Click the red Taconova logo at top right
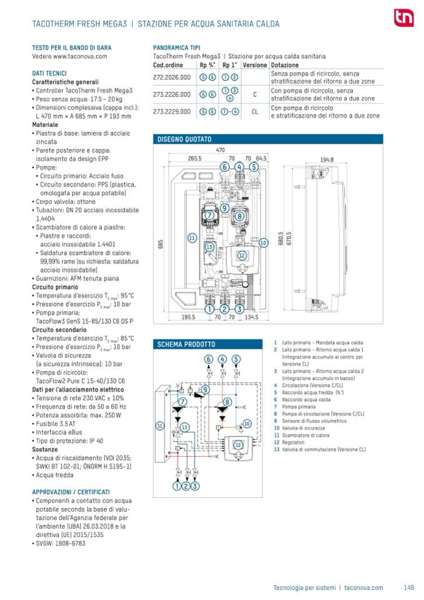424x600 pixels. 400,18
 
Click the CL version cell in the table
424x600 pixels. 255,111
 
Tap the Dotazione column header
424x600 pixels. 285,65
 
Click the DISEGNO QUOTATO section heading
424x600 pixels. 184,139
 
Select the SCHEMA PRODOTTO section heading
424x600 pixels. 186,344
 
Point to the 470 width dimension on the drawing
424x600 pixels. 220,150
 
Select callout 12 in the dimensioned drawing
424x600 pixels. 241,255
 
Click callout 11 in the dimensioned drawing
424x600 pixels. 192,238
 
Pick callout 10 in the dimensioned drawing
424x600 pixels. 263,242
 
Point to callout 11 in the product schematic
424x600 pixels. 160,425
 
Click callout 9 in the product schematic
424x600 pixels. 204,390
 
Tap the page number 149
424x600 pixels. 409,587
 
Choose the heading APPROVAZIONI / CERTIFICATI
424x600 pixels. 71,492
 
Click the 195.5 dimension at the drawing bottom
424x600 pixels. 189,317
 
